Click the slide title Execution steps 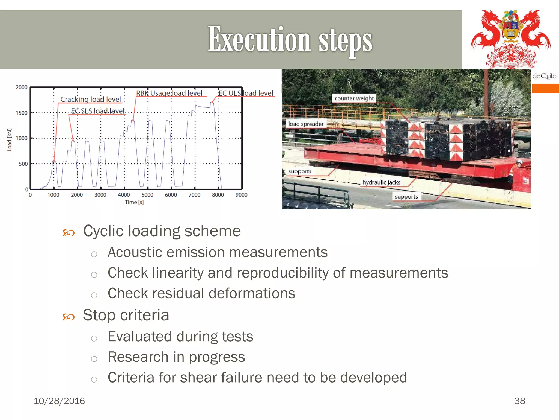pyautogui.click(x=290, y=40)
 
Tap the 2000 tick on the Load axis pyautogui.click(x=22, y=87)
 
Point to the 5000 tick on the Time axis pyautogui.click(x=147, y=195)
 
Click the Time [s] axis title pyautogui.click(x=134, y=202)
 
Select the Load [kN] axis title pyautogui.click(x=10, y=139)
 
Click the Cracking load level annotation pyautogui.click(x=91, y=99)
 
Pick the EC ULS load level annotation pyautogui.click(x=246, y=93)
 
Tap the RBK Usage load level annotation pyautogui.click(x=169, y=93)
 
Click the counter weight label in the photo pyautogui.click(x=354, y=98)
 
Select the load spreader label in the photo pyautogui.click(x=306, y=124)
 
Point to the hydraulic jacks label pyautogui.click(x=381, y=182)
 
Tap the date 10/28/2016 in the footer pyautogui.click(x=59, y=401)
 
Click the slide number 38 pyautogui.click(x=519, y=401)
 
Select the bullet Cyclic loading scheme pyautogui.click(x=162, y=231)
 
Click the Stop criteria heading pyautogui.click(x=126, y=315)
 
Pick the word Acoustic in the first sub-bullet pyautogui.click(x=135, y=252)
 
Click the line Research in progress pyautogui.click(x=176, y=357)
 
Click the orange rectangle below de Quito pyautogui.click(x=545, y=89)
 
